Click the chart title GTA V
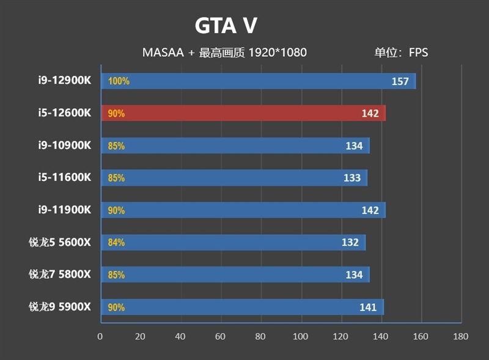pos(226,26)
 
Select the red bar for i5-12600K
pos(243,113)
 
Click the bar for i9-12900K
pos(257,81)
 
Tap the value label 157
pos(400,81)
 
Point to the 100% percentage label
pos(119,81)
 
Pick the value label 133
pos(352,178)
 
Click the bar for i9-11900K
pos(243,210)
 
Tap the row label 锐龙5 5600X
pos(60,242)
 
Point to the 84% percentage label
pos(116,243)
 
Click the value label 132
pos(350,243)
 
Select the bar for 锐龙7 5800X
pos(235,274)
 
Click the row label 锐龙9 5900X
pos(60,307)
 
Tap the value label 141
pos(368,307)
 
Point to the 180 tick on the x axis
pos(461,336)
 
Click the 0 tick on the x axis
pos(100,336)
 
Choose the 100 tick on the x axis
pos(300,336)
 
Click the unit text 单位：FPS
pos(402,53)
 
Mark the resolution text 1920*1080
pos(276,53)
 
